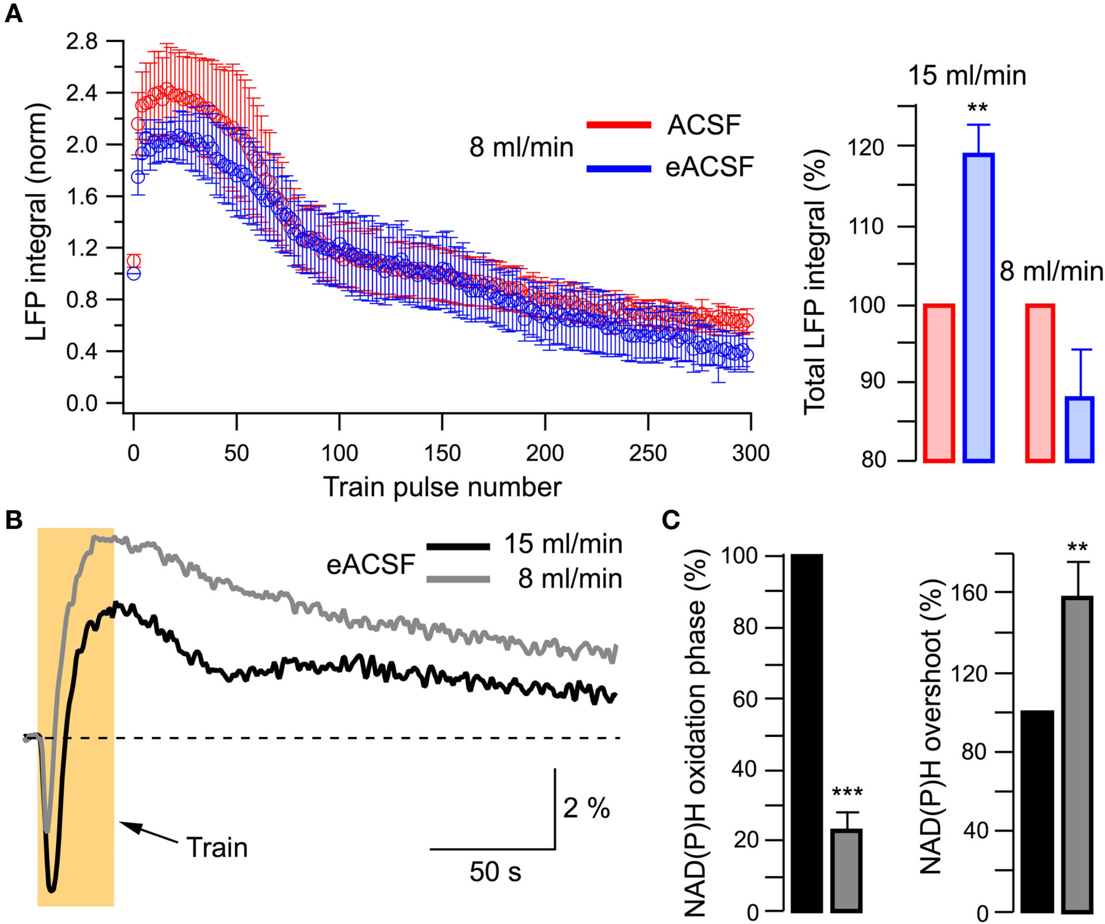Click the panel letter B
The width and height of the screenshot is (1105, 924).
point(14,521)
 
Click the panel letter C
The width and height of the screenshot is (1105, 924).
point(671,521)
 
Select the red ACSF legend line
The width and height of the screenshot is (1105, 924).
point(619,125)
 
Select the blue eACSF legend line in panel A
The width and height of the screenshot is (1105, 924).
point(619,169)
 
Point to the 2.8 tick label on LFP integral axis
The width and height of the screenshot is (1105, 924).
point(82,42)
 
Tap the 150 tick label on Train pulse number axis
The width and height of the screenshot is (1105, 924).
point(442,453)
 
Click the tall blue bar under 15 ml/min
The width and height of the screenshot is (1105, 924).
point(978,308)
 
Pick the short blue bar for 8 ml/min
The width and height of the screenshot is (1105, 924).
point(1080,430)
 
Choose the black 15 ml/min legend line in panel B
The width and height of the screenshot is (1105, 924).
point(458,547)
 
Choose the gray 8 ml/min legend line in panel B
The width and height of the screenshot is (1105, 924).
point(458,579)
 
